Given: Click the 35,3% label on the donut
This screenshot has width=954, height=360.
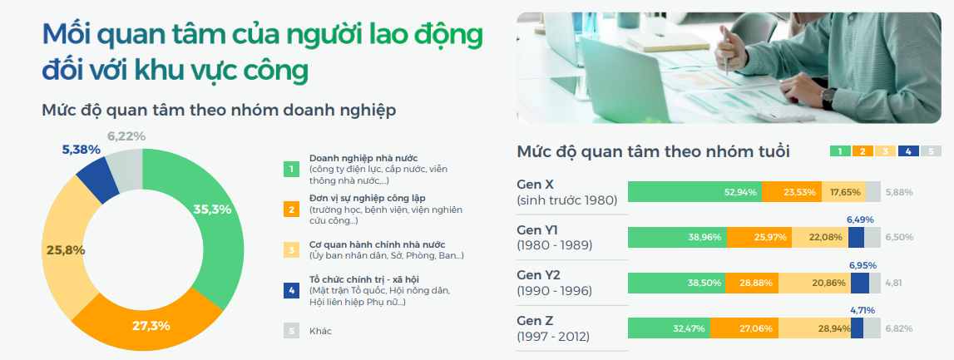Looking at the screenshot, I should click(211, 209).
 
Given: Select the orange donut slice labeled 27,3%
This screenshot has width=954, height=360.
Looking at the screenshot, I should click(151, 325).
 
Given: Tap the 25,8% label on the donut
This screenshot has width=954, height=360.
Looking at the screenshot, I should click(65, 249).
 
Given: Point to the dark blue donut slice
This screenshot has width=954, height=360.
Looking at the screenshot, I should click(97, 178).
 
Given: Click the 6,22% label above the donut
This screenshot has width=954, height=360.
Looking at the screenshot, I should click(126, 136).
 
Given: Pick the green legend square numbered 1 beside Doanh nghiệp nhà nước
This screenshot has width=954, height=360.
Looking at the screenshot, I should click(291, 169).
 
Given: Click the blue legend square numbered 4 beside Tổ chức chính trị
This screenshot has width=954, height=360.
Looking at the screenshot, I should click(291, 290).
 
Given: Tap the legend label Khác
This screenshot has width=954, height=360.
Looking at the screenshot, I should click(320, 331).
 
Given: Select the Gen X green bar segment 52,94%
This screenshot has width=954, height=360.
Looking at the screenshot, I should click(694, 192).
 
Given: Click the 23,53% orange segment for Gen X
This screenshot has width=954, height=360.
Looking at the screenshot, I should click(792, 192).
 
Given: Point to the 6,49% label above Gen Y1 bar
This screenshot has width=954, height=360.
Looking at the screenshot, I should click(860, 219).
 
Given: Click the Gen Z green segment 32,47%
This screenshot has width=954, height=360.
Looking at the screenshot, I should click(679, 328).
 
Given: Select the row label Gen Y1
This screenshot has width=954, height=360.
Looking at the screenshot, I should click(537, 229).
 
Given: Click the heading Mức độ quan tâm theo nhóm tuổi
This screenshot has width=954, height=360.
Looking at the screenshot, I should click(653, 151).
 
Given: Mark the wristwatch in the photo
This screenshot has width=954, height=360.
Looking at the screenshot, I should click(828, 98).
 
